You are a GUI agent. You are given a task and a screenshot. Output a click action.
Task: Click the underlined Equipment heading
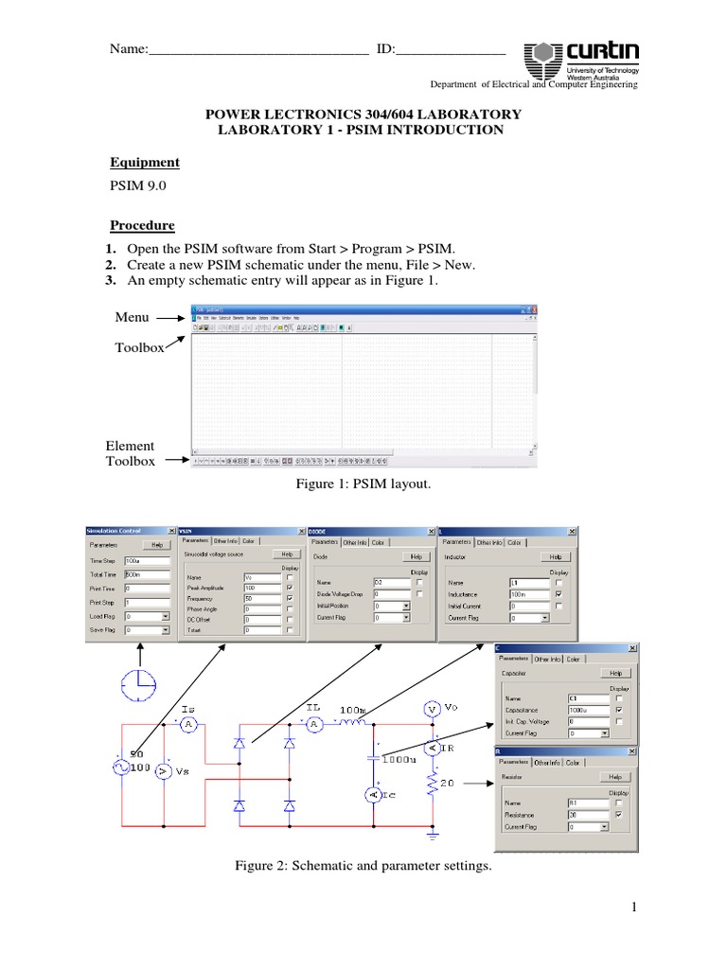coord(145,163)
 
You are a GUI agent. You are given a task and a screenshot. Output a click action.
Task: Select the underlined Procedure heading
coord(142,225)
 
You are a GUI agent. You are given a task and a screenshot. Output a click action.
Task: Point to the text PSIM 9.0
coord(138,187)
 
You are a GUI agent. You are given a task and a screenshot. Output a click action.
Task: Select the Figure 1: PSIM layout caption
coord(363,484)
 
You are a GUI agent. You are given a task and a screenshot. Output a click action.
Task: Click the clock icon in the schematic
coord(140,684)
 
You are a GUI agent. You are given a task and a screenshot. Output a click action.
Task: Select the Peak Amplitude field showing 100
coord(261,589)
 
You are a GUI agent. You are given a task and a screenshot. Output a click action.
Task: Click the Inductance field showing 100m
coord(528,593)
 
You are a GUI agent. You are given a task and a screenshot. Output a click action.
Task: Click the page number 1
coord(637,908)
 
